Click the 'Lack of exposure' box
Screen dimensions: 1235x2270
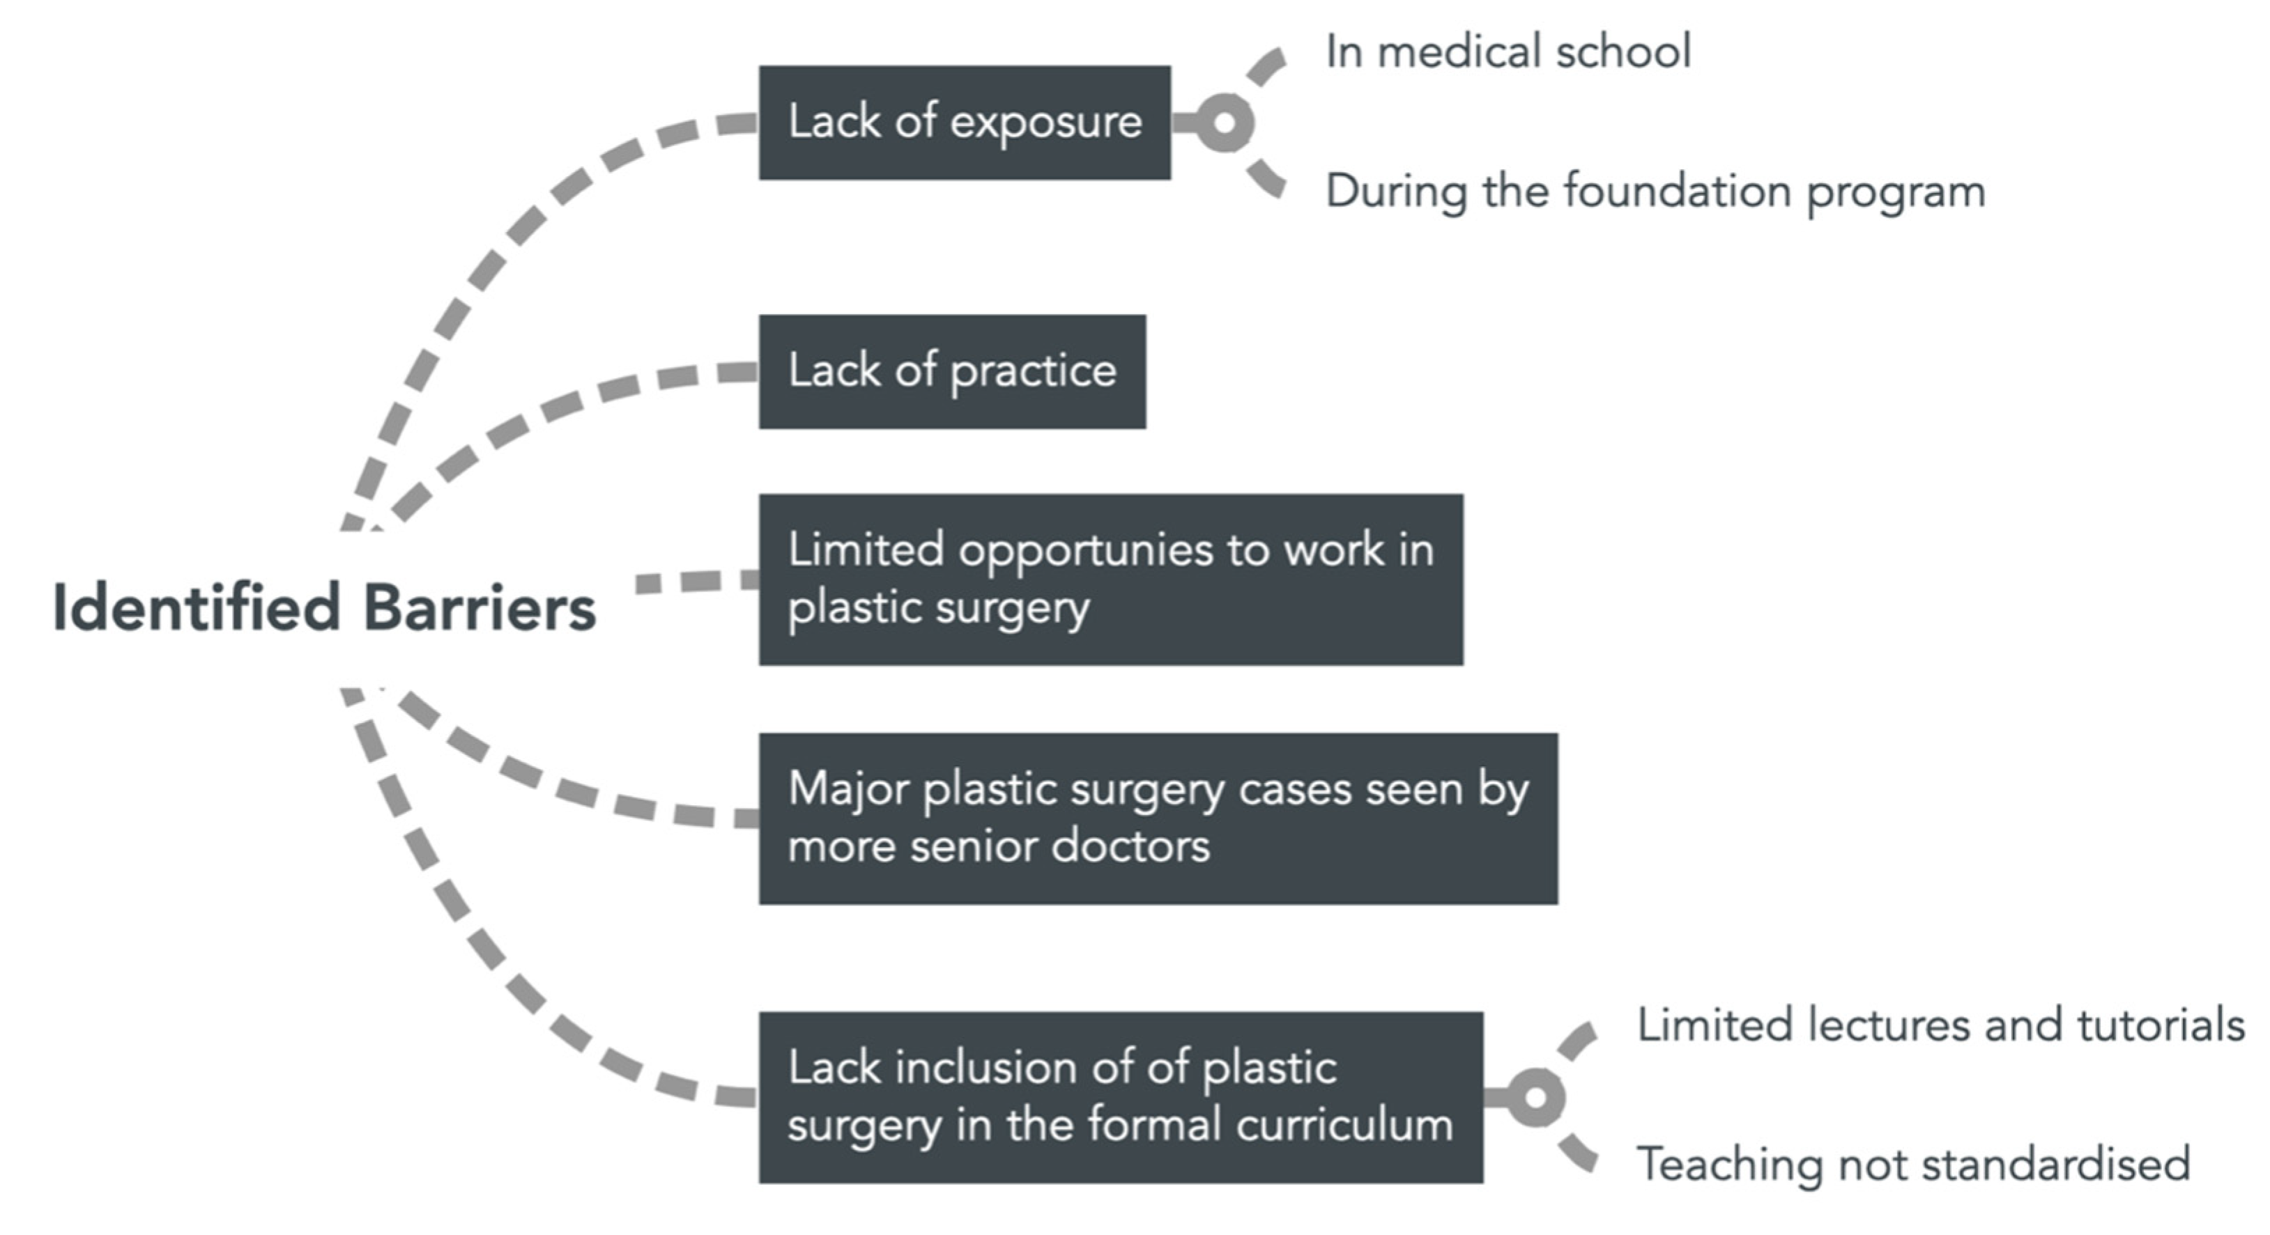[964, 123]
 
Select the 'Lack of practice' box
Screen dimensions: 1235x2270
[952, 371]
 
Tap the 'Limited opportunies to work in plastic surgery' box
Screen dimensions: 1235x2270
[1110, 579]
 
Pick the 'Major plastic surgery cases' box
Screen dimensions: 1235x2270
[1157, 818]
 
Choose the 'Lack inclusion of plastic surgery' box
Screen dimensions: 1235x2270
[1120, 1096]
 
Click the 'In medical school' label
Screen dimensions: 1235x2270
[1508, 51]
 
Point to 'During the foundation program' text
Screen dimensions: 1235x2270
[1655, 191]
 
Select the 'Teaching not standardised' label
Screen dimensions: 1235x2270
[1913, 1164]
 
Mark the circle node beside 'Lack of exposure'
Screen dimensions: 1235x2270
[1225, 123]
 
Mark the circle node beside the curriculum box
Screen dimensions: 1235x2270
[1535, 1096]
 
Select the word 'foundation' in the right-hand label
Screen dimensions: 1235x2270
[1677, 191]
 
